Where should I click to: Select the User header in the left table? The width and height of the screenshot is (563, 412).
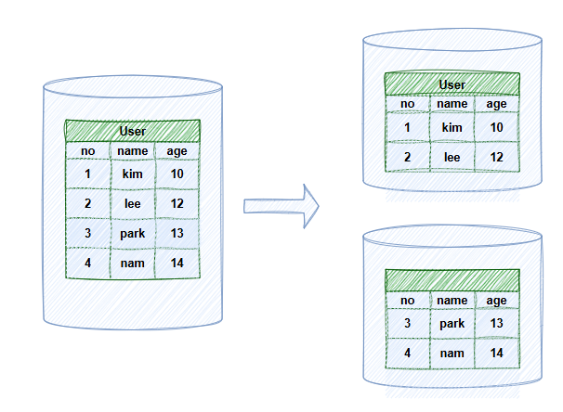click(x=133, y=131)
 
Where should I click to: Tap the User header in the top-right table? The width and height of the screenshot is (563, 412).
click(x=452, y=84)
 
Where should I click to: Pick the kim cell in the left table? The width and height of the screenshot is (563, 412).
click(x=132, y=174)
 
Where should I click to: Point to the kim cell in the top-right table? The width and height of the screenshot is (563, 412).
click(x=452, y=127)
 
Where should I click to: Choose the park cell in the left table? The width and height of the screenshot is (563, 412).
click(x=132, y=233)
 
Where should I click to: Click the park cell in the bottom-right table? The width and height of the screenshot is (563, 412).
click(x=452, y=323)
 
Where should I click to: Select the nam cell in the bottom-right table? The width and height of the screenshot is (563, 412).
click(x=452, y=354)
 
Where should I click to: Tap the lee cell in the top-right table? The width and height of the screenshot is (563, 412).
click(x=452, y=158)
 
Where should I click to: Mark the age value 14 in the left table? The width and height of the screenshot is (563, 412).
click(x=177, y=263)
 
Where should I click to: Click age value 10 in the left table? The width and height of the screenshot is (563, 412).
click(x=177, y=174)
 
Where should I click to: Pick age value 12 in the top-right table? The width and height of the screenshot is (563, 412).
click(x=496, y=158)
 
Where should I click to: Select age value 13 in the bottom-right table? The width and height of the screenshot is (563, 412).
click(x=496, y=323)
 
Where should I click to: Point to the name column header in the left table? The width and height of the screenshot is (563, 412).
click(x=132, y=150)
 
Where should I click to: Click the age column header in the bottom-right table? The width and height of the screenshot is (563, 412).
click(x=496, y=300)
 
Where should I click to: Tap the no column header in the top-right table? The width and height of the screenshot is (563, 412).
click(x=407, y=104)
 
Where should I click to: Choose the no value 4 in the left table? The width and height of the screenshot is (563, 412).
click(x=87, y=263)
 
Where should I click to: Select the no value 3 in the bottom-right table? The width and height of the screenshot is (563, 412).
click(x=407, y=323)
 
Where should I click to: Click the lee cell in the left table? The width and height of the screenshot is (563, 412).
click(x=132, y=203)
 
